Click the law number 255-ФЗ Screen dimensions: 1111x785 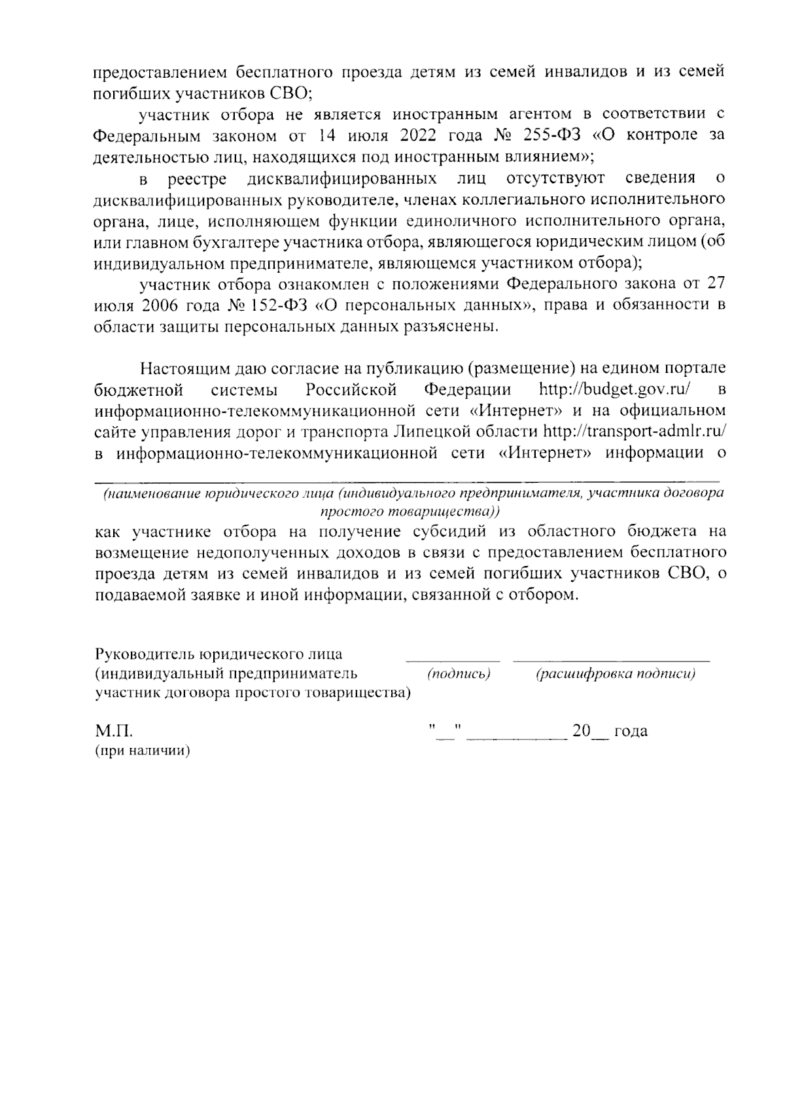[551, 135]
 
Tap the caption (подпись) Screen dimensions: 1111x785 [459, 674]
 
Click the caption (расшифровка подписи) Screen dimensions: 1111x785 [615, 674]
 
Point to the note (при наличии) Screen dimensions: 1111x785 [142, 752]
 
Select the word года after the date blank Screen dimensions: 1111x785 [631, 731]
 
